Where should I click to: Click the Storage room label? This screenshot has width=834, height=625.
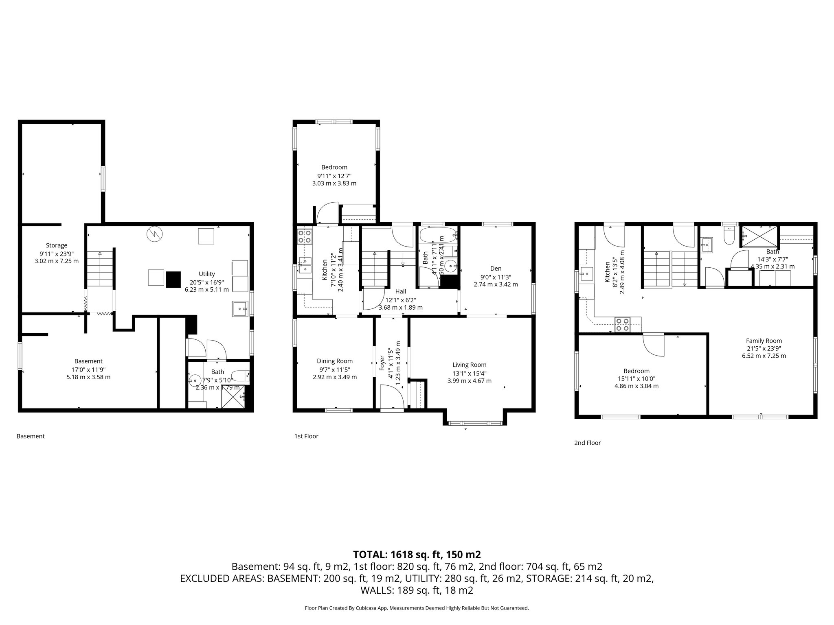point(57,245)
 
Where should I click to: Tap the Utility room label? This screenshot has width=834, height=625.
point(207,274)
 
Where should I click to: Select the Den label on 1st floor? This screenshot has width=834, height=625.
point(496,268)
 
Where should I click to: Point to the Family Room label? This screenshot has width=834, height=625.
point(764,341)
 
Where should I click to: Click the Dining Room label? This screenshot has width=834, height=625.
point(335,361)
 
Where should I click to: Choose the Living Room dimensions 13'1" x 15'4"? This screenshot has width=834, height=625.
point(470,373)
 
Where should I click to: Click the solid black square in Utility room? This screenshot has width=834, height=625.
point(173,279)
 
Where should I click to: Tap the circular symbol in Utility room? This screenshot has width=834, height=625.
point(155,234)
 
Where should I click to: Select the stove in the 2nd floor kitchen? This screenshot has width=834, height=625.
point(622,325)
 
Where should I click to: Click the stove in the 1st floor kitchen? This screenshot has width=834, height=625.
point(305,236)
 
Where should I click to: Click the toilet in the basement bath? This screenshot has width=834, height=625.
point(239,375)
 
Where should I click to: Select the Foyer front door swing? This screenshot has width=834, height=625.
point(392,397)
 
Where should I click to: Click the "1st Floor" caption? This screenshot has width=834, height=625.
point(306,436)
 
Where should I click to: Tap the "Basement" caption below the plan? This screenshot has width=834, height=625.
point(31,436)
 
